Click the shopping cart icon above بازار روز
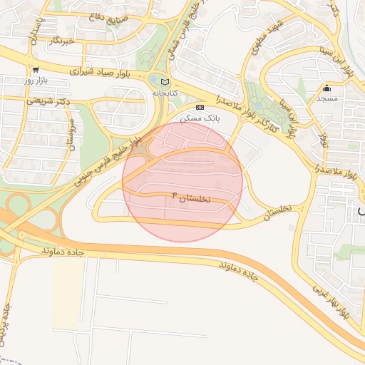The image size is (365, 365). tap(35, 70)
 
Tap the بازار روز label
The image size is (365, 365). tap(35, 81)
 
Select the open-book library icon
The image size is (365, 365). tap(165, 82)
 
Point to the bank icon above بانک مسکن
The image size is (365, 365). tap(200, 107)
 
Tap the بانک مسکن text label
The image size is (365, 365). tap(199, 118)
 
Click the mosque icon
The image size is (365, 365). tap(327, 88)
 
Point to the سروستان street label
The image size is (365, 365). tap(71, 135)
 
